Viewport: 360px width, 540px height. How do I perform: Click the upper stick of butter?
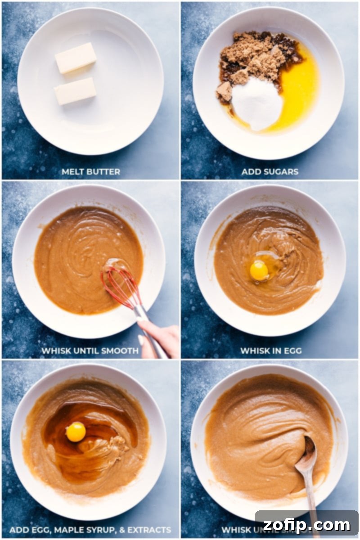(x=76, y=58)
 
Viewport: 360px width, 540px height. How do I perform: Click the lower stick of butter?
(x=75, y=91)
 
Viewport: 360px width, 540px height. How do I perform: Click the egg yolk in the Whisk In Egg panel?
(x=259, y=270)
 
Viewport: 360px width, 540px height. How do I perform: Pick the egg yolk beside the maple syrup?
(x=76, y=432)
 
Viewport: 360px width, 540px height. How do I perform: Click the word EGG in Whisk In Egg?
(x=291, y=351)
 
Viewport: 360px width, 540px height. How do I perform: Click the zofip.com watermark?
(x=306, y=524)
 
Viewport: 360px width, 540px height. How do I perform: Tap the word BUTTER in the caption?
(x=104, y=171)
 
